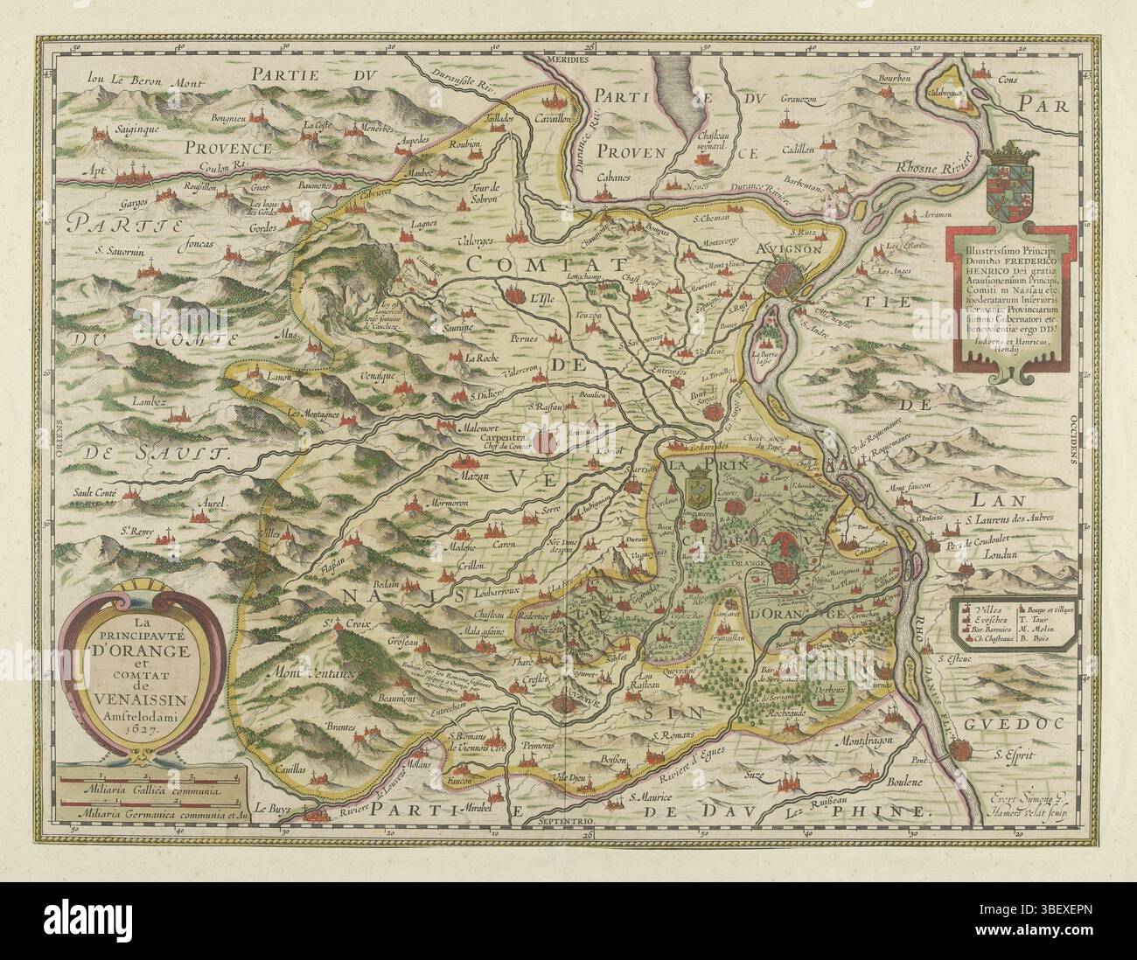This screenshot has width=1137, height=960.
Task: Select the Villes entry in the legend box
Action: point(981,607)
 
